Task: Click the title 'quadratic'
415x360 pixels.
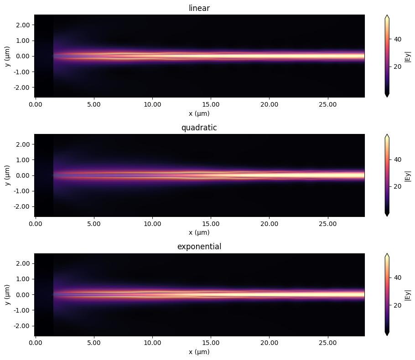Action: (199, 127)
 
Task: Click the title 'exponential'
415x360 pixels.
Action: (199, 247)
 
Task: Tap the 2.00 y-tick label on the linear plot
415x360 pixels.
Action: (24, 25)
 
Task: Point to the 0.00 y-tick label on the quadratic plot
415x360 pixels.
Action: (24, 175)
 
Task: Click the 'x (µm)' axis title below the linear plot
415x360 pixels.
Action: (199, 113)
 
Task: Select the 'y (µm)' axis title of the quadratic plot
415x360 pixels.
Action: (7, 175)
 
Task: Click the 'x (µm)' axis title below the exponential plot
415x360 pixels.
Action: (199, 352)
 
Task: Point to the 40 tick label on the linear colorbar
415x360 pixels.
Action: (398, 39)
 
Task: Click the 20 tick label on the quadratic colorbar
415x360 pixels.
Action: (398, 186)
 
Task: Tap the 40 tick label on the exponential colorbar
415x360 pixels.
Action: (398, 278)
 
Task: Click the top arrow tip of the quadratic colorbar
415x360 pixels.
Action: (387, 135)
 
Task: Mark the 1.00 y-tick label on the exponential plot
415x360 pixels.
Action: (24, 279)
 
